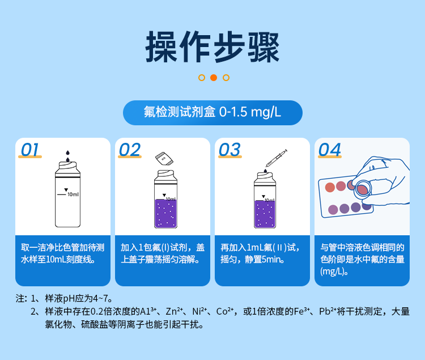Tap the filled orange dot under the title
(214, 78)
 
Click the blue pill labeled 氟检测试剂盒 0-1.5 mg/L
(212, 112)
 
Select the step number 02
(130, 149)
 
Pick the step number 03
(229, 149)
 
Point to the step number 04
(330, 149)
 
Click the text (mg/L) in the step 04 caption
(333, 272)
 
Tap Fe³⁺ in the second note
(294, 311)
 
